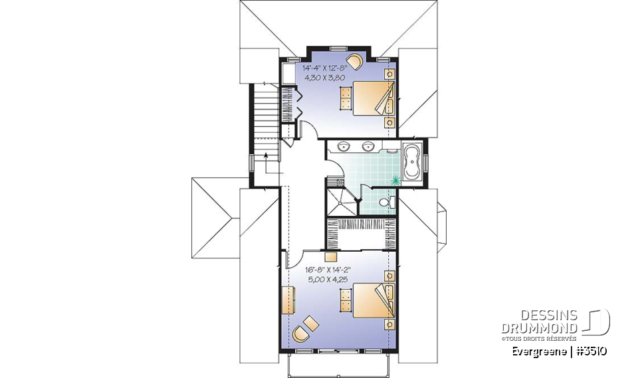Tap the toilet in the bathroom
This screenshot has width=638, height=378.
point(387,202)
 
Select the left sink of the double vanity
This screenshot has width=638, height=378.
point(345,146)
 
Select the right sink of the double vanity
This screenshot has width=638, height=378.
point(368,146)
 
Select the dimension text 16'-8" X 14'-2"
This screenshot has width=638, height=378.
point(327,270)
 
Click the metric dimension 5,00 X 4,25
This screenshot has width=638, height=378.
point(327,280)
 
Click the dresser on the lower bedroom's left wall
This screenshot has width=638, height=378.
point(287,300)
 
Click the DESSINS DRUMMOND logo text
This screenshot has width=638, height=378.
point(540,322)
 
